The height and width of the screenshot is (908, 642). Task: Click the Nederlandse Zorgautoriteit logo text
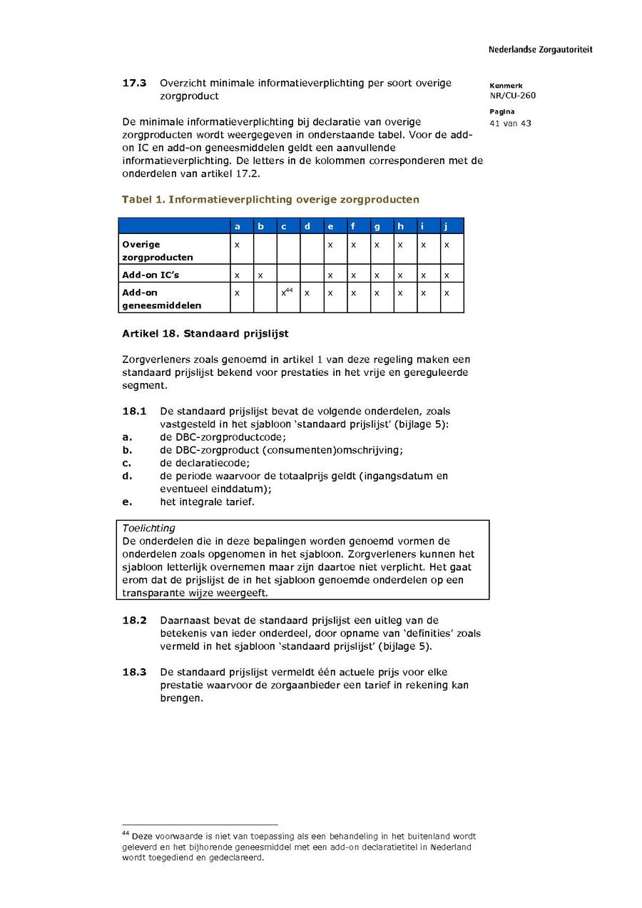pos(540,50)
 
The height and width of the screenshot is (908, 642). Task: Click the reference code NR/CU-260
pos(512,96)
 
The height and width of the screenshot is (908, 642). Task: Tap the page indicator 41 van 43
pos(510,123)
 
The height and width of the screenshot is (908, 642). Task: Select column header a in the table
pos(237,227)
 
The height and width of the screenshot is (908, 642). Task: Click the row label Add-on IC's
pos(146,275)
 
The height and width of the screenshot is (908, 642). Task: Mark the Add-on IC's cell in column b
pos(260,275)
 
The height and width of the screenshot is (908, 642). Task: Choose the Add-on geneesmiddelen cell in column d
pos(307,292)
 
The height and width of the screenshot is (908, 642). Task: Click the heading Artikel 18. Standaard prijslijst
pos(205,334)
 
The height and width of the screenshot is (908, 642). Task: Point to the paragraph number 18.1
pos(134,412)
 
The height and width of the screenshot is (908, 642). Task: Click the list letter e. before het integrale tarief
pos(127,501)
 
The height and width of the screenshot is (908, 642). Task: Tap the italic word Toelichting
pos(148,529)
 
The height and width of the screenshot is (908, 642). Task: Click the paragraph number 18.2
pos(134,621)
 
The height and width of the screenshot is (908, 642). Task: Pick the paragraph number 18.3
pos(134,672)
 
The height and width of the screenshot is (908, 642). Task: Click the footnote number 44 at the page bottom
pos(126,833)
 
